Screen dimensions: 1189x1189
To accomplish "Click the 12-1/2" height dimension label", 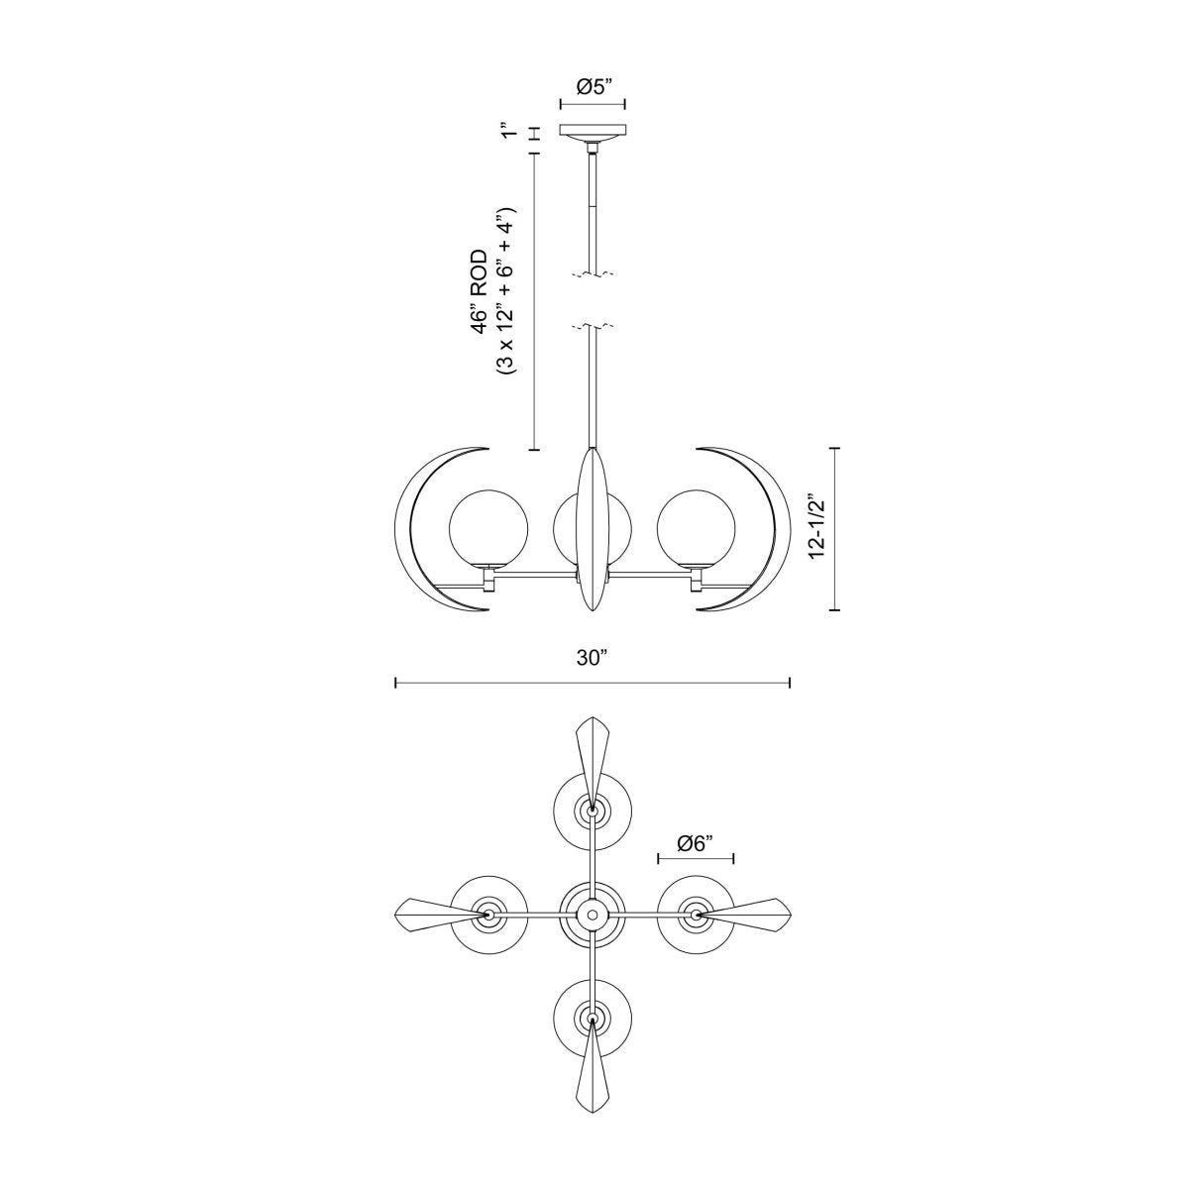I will tap(817, 528).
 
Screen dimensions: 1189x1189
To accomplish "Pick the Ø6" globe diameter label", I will tap(697, 843).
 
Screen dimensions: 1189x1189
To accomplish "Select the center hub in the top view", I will tap(592, 913).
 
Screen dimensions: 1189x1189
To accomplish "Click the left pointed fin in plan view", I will tap(431, 912).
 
